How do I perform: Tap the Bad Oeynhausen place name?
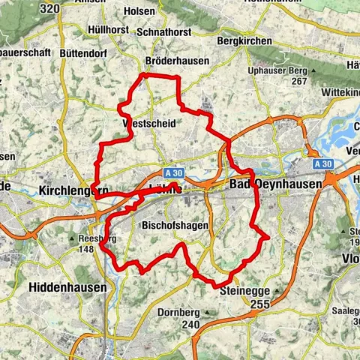coord(275,184)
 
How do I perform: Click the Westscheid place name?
coord(148,124)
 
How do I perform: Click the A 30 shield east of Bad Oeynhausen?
coord(323,163)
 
